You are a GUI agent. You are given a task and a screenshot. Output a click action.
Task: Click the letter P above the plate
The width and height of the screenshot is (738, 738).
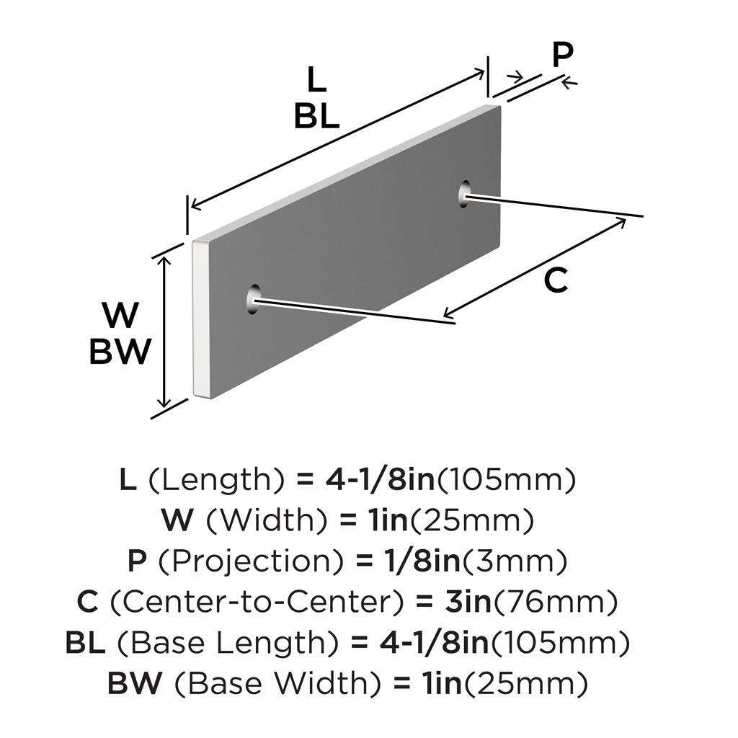point(564,55)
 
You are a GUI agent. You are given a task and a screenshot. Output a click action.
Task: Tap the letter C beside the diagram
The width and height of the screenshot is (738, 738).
point(556,280)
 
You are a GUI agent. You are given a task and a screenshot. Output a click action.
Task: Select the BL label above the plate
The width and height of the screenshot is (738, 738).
point(316,116)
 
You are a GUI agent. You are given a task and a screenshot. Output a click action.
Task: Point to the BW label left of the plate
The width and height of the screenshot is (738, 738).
point(120,352)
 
